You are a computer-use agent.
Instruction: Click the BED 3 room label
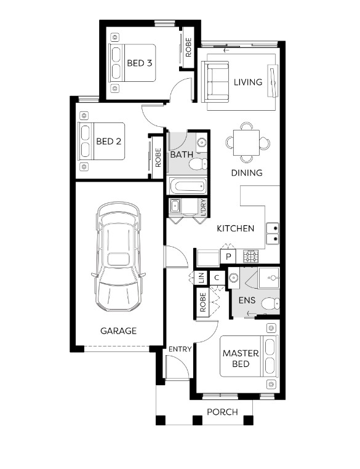139,63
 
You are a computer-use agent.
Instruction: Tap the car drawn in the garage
118,257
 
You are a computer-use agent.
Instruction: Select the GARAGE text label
118,331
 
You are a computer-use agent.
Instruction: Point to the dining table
246,143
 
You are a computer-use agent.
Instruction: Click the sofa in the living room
215,82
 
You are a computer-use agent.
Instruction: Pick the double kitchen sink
273,233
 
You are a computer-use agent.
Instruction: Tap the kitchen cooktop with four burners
250,256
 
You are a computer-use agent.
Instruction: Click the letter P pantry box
228,257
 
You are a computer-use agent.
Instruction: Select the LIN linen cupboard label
201,278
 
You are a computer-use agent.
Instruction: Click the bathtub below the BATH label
188,186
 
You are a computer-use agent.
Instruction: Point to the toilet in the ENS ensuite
271,304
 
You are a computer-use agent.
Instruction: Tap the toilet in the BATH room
199,164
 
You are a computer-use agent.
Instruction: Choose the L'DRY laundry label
204,207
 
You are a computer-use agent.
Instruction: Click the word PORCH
222,412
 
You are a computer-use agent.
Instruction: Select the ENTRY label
180,349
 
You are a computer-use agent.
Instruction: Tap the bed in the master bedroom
249,356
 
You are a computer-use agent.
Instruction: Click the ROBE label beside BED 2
158,158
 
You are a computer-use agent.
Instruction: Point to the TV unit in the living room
273,81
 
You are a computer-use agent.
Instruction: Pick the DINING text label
247,173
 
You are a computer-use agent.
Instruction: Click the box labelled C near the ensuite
217,278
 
